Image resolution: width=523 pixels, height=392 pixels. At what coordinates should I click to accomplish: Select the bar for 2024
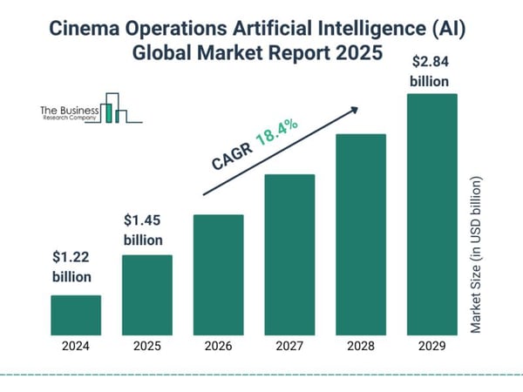tap(76, 314)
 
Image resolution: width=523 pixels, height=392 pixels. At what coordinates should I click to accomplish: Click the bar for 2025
tap(146, 294)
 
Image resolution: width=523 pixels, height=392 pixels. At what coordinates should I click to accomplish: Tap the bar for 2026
tap(218, 274)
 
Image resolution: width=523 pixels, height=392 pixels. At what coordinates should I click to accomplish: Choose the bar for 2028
tap(360, 234)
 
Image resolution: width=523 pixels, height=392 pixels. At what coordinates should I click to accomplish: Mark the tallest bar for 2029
tap(431, 214)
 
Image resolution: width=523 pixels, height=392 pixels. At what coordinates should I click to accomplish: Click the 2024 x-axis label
tap(76, 346)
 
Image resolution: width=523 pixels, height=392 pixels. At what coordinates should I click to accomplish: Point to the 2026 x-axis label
tap(218, 346)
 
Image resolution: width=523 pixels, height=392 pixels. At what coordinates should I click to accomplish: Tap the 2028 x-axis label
tap(360, 346)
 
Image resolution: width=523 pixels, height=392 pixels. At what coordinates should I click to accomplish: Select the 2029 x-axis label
tap(431, 346)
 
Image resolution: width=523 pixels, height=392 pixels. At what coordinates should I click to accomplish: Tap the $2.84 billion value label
tap(431, 72)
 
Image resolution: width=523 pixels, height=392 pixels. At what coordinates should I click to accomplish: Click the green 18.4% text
tap(277, 132)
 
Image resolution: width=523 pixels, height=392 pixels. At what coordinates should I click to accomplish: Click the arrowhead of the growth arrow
tap(356, 110)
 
